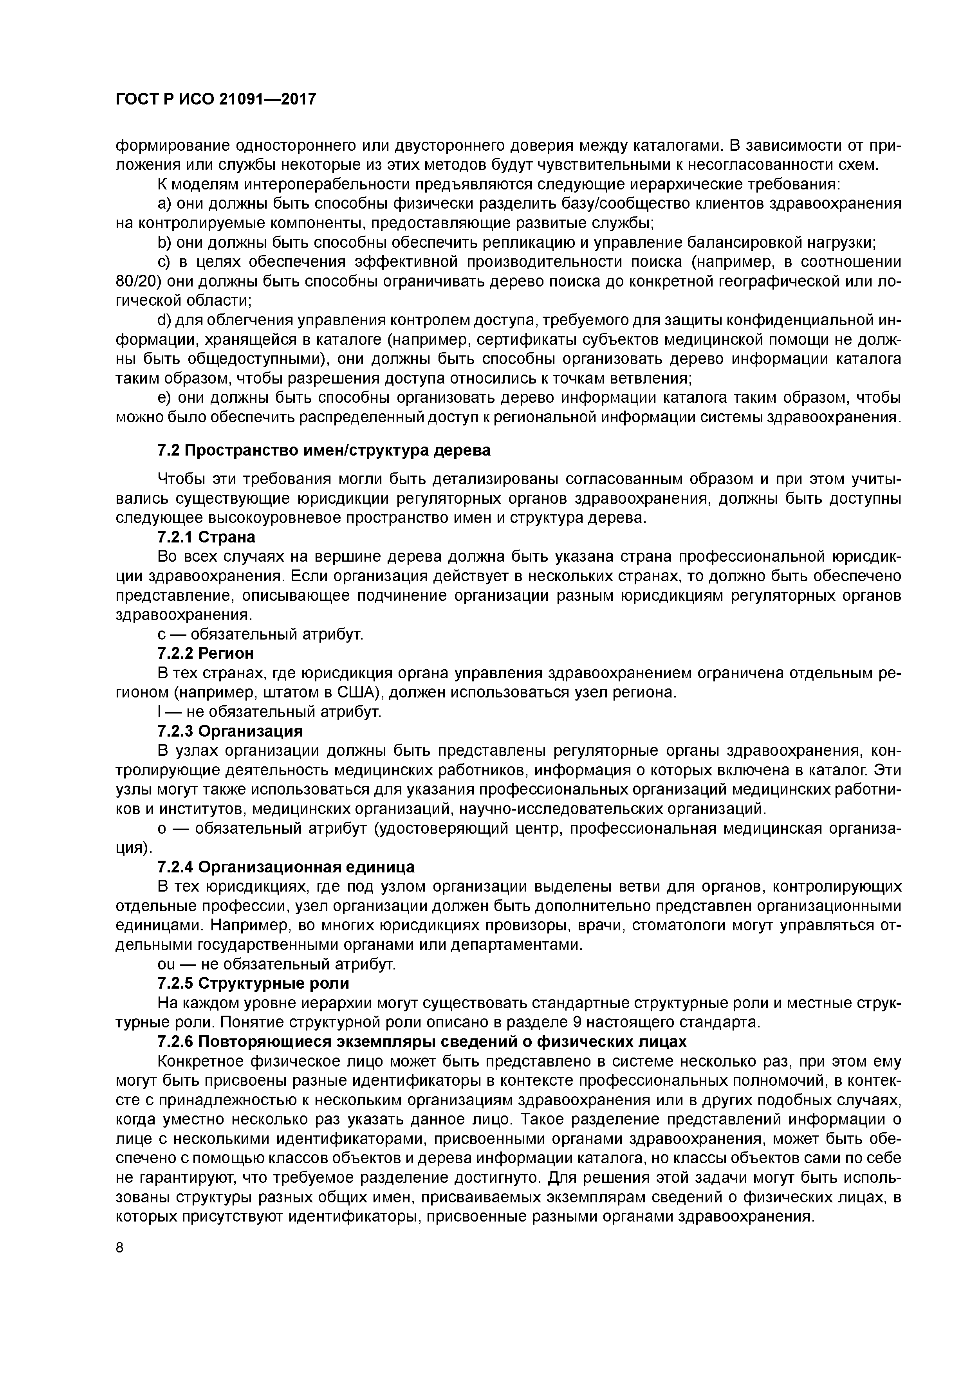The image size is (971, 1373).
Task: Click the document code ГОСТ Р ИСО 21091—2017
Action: click(215, 99)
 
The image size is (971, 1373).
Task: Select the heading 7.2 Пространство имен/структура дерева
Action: click(324, 450)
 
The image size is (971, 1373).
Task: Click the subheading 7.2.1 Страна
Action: click(206, 537)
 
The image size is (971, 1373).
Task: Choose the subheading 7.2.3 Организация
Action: click(230, 731)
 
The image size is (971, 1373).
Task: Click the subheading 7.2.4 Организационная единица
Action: click(286, 867)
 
